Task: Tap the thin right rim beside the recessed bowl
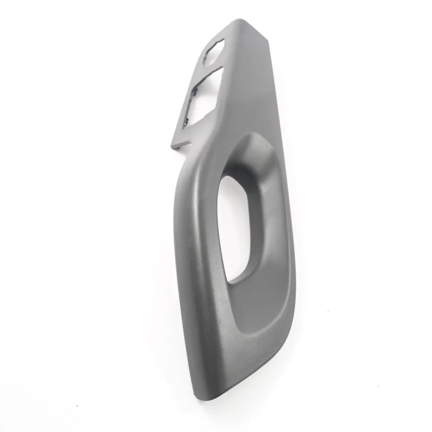(290, 240)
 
